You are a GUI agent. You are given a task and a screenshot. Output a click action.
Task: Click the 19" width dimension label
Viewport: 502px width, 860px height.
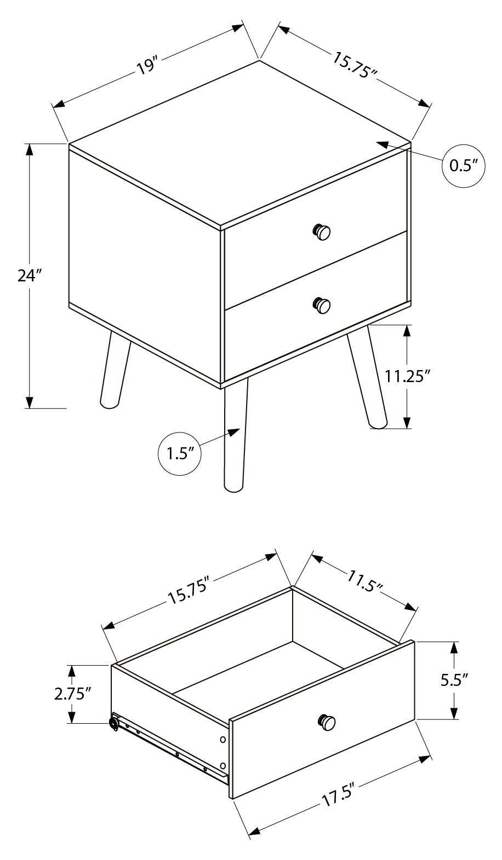click(147, 67)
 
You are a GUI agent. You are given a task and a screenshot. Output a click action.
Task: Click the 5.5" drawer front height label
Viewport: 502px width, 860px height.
click(454, 680)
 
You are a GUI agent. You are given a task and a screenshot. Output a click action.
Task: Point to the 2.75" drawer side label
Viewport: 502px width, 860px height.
click(72, 694)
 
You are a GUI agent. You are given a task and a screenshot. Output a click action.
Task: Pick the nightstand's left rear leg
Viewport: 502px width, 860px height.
click(115, 370)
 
